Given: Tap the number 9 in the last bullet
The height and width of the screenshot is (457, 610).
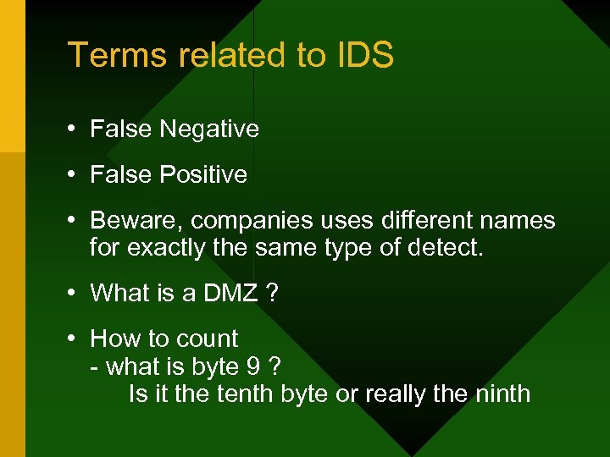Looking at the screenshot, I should coord(252,366).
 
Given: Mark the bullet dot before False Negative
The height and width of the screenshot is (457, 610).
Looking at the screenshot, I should coord(74,129).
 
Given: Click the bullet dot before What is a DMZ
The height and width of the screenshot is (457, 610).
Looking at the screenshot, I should coord(74,294).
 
